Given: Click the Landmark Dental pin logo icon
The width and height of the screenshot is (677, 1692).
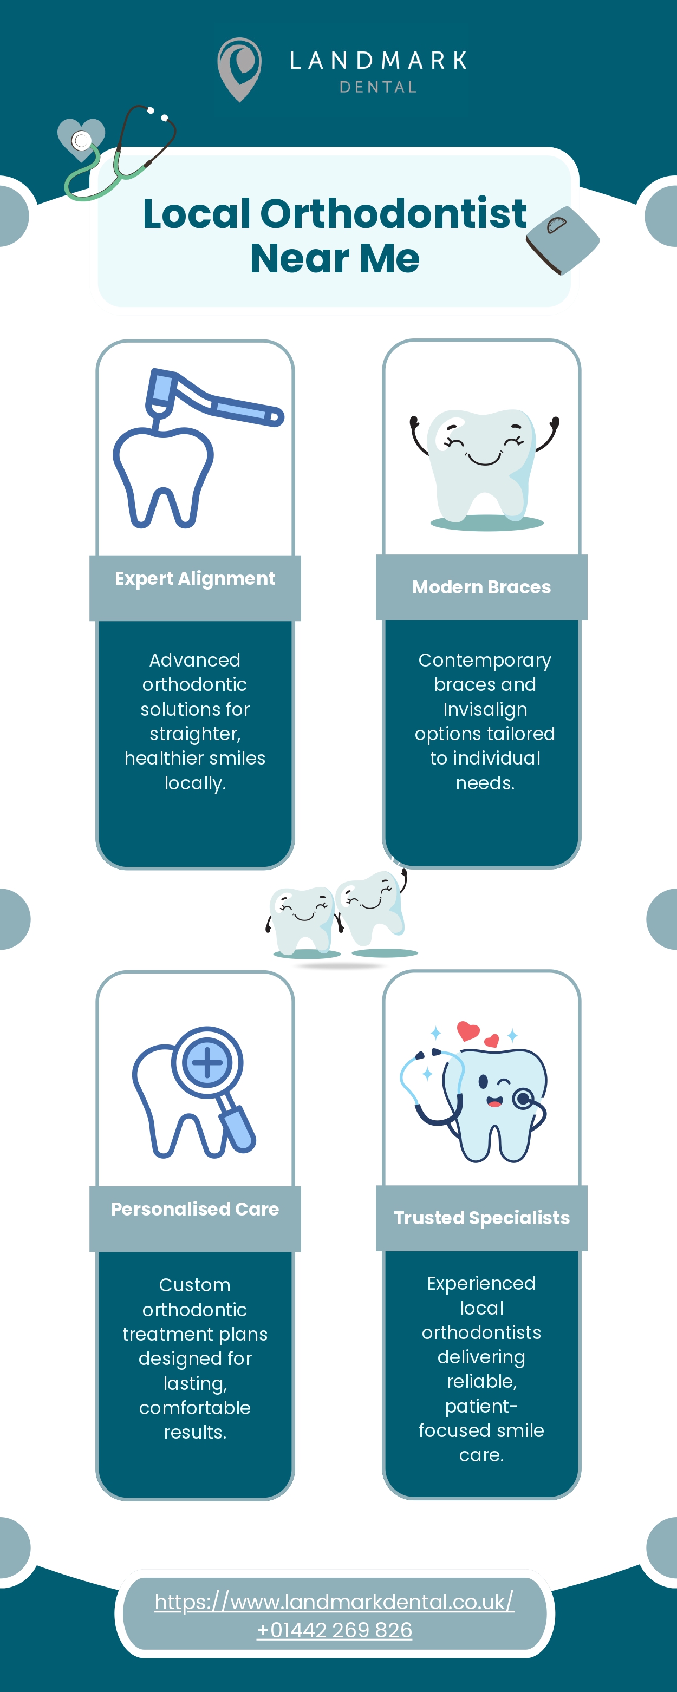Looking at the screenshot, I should coord(239,68).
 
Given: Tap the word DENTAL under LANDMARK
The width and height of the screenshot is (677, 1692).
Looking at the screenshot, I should coord(378,87).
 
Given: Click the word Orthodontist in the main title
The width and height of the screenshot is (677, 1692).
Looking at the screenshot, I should coord(393,213).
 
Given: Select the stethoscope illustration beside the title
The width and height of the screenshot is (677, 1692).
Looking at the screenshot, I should coord(118,154).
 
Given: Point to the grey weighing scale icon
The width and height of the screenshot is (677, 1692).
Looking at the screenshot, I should coord(563,239).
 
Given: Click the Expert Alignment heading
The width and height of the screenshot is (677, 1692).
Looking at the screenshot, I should coord(194,579).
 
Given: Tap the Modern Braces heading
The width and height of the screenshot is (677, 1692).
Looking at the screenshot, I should coord(481,587).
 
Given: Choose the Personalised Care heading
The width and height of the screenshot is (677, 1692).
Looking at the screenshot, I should coord(194,1209).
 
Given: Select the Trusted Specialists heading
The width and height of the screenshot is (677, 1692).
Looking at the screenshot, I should coord(481,1218).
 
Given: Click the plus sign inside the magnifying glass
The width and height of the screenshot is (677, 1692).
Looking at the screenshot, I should coord(207,1063).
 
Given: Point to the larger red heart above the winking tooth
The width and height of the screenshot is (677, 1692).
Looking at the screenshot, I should coord(468,1030).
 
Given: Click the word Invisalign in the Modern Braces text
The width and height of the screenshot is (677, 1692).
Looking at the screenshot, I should coord(485,709).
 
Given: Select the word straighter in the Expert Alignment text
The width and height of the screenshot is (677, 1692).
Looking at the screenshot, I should coord(194,734).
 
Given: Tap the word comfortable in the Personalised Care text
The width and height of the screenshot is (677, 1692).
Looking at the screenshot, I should coord(194,1408).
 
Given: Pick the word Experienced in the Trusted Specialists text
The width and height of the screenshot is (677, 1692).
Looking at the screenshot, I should coord(481,1283).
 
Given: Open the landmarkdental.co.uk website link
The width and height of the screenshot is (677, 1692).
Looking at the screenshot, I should coord(334,1602).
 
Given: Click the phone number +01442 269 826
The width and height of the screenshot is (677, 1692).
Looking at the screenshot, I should coord(334,1630).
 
